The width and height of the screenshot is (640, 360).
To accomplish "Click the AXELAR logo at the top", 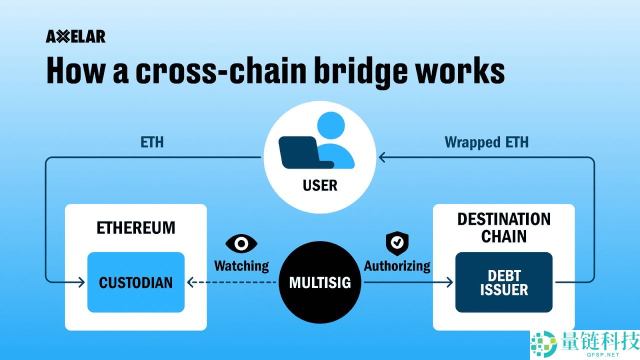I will [75, 36].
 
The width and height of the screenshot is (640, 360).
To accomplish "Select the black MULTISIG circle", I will [320, 282].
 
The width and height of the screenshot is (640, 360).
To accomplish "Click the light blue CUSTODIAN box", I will [136, 282].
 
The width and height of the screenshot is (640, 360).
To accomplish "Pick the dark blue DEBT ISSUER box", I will [503, 282].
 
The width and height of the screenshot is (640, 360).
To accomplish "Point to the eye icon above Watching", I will [241, 243].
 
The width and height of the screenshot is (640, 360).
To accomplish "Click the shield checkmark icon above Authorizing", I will [397, 243].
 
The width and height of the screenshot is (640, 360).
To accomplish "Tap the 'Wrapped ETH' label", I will [486, 142].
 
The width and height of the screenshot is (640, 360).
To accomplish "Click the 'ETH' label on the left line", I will [152, 142].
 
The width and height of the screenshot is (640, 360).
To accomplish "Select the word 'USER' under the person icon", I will [320, 186].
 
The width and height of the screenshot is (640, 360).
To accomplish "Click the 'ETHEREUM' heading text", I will [136, 228].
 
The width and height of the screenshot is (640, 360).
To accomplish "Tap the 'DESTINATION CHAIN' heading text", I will [503, 227].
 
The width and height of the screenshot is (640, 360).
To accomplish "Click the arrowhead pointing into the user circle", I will [382, 158].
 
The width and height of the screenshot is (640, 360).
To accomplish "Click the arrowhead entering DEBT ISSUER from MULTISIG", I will [448, 282].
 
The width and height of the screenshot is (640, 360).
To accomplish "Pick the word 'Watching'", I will [241, 266].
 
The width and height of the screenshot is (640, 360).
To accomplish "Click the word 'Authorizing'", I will [397, 266].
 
